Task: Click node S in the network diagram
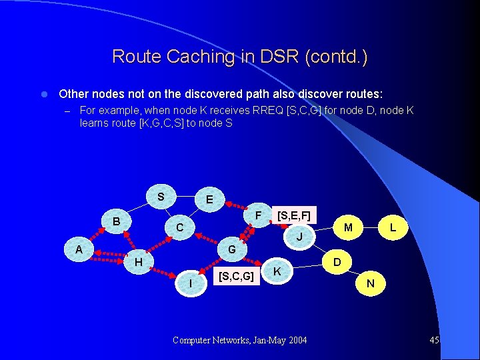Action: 161,197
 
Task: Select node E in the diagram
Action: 209,199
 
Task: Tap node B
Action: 116,221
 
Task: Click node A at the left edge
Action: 79,249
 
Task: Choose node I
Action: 191,284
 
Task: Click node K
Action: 276,271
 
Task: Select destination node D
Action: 337,262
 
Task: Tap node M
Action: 348,228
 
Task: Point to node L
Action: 393,228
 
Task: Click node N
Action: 371,284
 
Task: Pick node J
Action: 299,237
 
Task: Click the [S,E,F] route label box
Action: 293,215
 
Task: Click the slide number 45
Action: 434,341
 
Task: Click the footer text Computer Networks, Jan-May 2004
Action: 239,341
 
